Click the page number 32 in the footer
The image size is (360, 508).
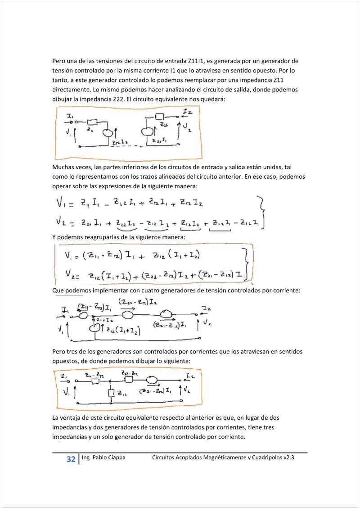(x=71, y=459)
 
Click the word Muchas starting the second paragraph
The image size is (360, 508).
(x=63, y=167)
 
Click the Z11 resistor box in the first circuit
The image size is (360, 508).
(x=92, y=122)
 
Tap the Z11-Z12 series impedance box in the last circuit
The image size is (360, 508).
(x=95, y=381)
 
